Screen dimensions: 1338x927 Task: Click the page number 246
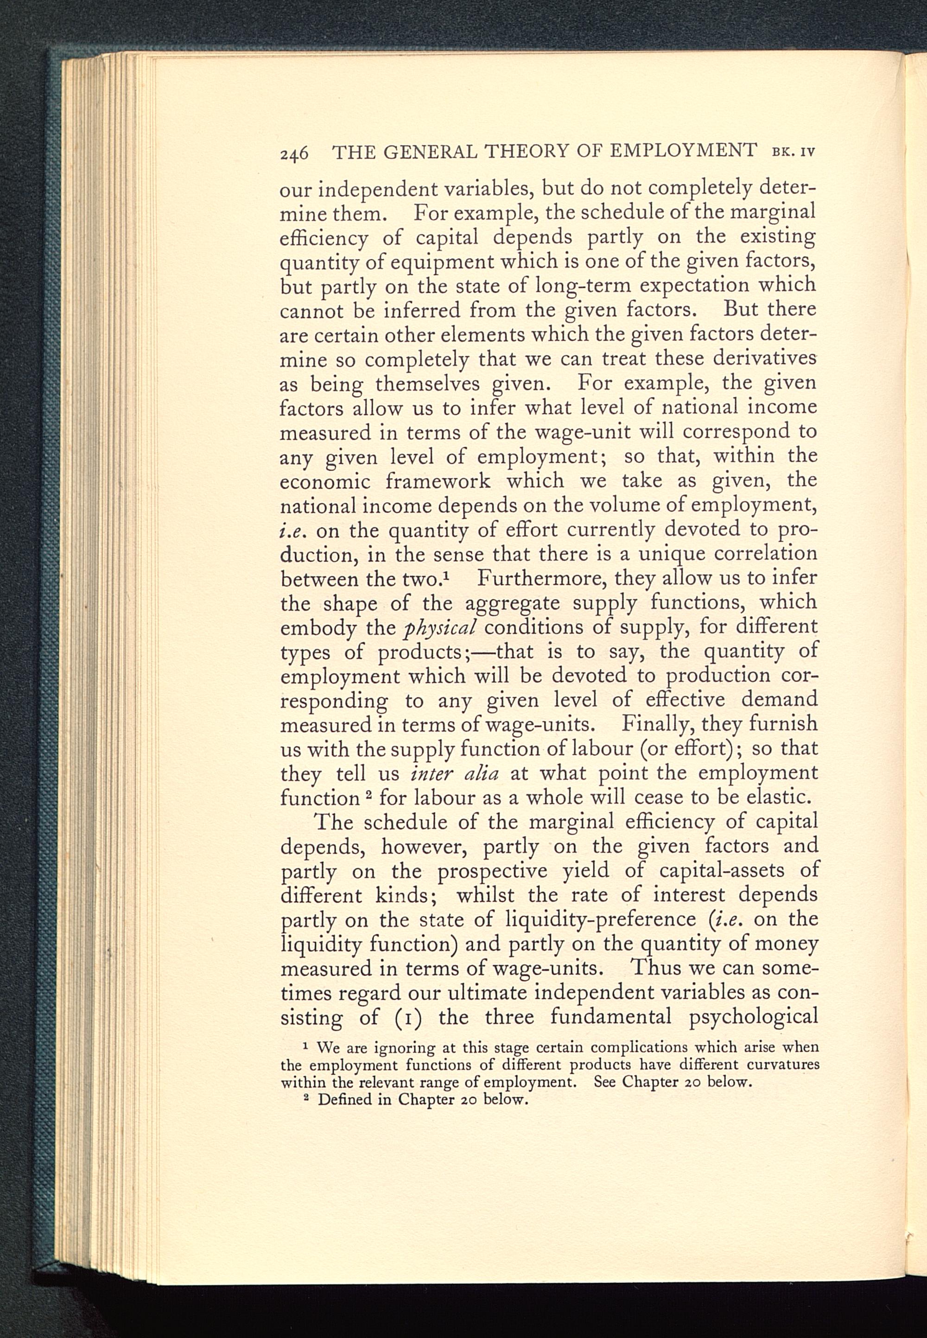click(293, 153)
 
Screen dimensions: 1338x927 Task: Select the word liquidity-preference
click(601, 921)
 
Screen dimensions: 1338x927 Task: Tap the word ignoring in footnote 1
click(404, 1048)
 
